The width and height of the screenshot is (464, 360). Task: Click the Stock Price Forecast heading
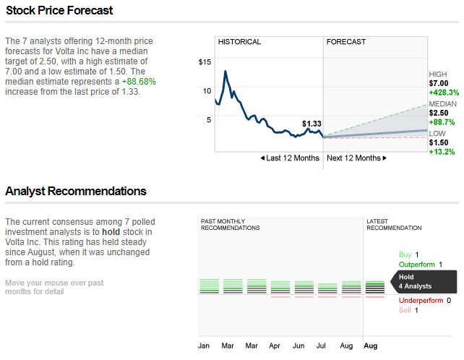pyautogui.click(x=59, y=10)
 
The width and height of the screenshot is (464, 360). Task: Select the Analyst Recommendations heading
pyautogui.click(x=76, y=192)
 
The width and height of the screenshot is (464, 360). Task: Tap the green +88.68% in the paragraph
pyautogui.click(x=139, y=82)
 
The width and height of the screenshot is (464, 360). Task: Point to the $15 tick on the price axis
pyautogui.click(x=205, y=62)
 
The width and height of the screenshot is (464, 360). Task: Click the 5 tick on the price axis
pyautogui.click(x=209, y=119)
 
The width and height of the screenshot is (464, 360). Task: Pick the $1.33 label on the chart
pyautogui.click(x=312, y=124)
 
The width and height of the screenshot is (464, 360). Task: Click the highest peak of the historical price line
pyautogui.click(x=225, y=71)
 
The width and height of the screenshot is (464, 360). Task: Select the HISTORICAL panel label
pyautogui.click(x=239, y=42)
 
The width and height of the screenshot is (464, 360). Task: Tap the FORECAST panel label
pyautogui.click(x=346, y=42)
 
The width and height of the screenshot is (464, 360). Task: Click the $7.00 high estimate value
pyautogui.click(x=439, y=83)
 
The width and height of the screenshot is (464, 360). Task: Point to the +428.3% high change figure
pyautogui.click(x=444, y=93)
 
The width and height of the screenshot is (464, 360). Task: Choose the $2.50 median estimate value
pyautogui.click(x=439, y=113)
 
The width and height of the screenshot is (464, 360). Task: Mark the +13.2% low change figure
pyautogui.click(x=442, y=152)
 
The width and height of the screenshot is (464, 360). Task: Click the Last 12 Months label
pyautogui.click(x=290, y=158)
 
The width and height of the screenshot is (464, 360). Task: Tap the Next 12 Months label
pyautogui.click(x=356, y=158)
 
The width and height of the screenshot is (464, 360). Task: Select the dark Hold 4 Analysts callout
pyautogui.click(x=424, y=281)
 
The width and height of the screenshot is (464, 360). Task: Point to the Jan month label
pyautogui.click(x=204, y=346)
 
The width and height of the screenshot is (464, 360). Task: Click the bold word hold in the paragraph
pyautogui.click(x=111, y=232)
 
